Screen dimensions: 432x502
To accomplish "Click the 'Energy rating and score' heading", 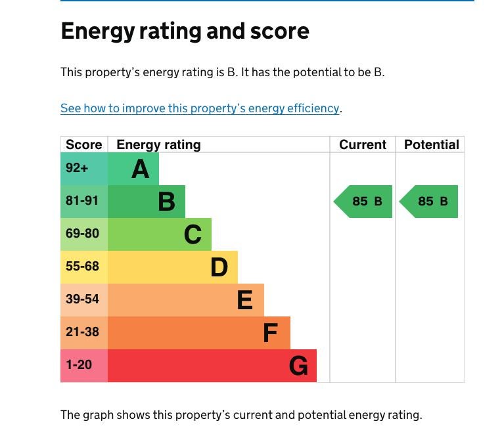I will coord(185,32).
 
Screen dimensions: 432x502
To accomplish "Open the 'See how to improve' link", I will coord(200,108).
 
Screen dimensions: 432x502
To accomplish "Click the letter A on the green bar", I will coord(141,169).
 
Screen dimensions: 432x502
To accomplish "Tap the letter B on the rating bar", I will coord(167,202).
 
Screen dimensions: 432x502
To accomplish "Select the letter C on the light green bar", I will coord(193,234).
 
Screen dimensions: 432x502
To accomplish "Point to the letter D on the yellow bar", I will coord(219,267).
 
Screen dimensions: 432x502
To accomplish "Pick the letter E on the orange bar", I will coord(244,300).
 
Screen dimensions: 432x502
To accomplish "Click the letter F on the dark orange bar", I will coord(270,333).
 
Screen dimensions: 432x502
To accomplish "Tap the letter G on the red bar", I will coord(298,366).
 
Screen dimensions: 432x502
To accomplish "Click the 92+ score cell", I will coord(77,168).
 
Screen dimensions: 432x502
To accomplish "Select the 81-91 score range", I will coord(82,201).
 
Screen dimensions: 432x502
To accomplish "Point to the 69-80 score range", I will coord(82,234).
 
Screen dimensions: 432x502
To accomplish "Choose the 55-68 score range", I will coord(82,267).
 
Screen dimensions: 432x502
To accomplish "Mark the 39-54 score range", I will coord(82,299).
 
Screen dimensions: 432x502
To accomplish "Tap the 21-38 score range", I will coord(82,332).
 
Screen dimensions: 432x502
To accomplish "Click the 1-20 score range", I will coord(79,364).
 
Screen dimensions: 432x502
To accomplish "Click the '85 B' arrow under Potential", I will coord(430,202).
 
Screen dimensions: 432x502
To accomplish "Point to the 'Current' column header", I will coord(363,144).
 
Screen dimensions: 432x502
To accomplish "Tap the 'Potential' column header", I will coord(431,144).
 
